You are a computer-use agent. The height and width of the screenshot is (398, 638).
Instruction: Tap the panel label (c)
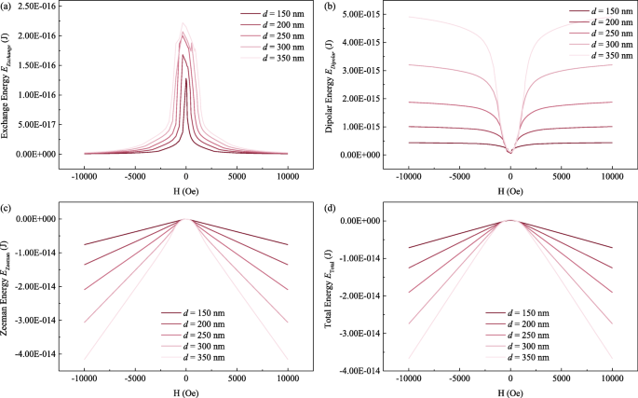(7, 207)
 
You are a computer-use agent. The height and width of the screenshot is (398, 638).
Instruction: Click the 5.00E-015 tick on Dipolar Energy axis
(360, 16)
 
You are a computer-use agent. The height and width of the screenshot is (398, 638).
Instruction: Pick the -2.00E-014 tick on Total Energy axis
(359, 295)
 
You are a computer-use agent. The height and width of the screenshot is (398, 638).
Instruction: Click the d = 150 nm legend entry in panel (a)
(283, 15)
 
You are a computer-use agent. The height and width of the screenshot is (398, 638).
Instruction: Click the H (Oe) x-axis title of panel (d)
(510, 391)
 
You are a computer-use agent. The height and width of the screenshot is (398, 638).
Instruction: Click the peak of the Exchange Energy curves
(183, 23)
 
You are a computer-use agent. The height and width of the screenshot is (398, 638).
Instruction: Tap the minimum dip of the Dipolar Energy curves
(509, 151)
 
